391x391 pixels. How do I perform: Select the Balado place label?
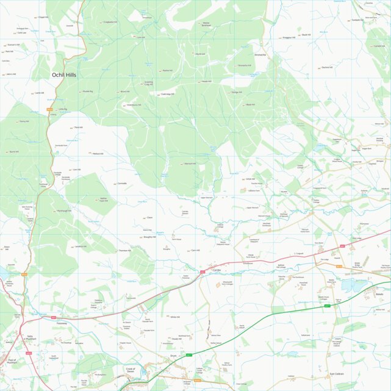tap(379, 294)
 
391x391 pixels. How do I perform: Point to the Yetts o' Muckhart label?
tap(30, 337)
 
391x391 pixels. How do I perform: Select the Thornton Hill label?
tap(124, 251)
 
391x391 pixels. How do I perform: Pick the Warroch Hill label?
tap(190, 163)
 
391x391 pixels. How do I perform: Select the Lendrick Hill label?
tap(81, 246)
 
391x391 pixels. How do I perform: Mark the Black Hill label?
tap(249, 104)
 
